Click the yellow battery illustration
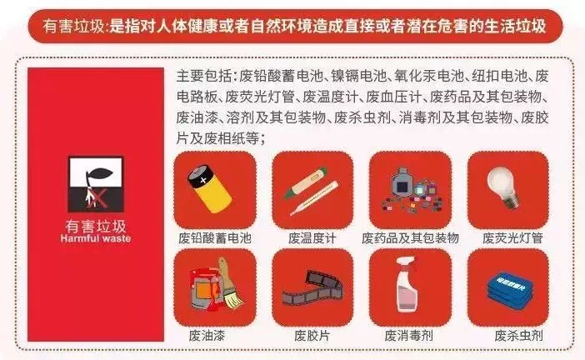click(x=209, y=189)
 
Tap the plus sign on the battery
click(x=203, y=181)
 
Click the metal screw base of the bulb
click(x=512, y=202)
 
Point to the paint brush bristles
click(x=234, y=299)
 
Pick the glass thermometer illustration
click(x=314, y=198)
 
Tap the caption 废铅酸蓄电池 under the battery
click(x=214, y=237)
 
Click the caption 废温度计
click(x=312, y=237)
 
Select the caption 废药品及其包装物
click(x=410, y=237)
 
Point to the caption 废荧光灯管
click(x=512, y=237)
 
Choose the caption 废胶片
click(x=312, y=336)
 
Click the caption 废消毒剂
click(x=408, y=336)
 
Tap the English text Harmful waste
click(x=96, y=238)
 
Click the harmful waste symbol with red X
click(x=96, y=184)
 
